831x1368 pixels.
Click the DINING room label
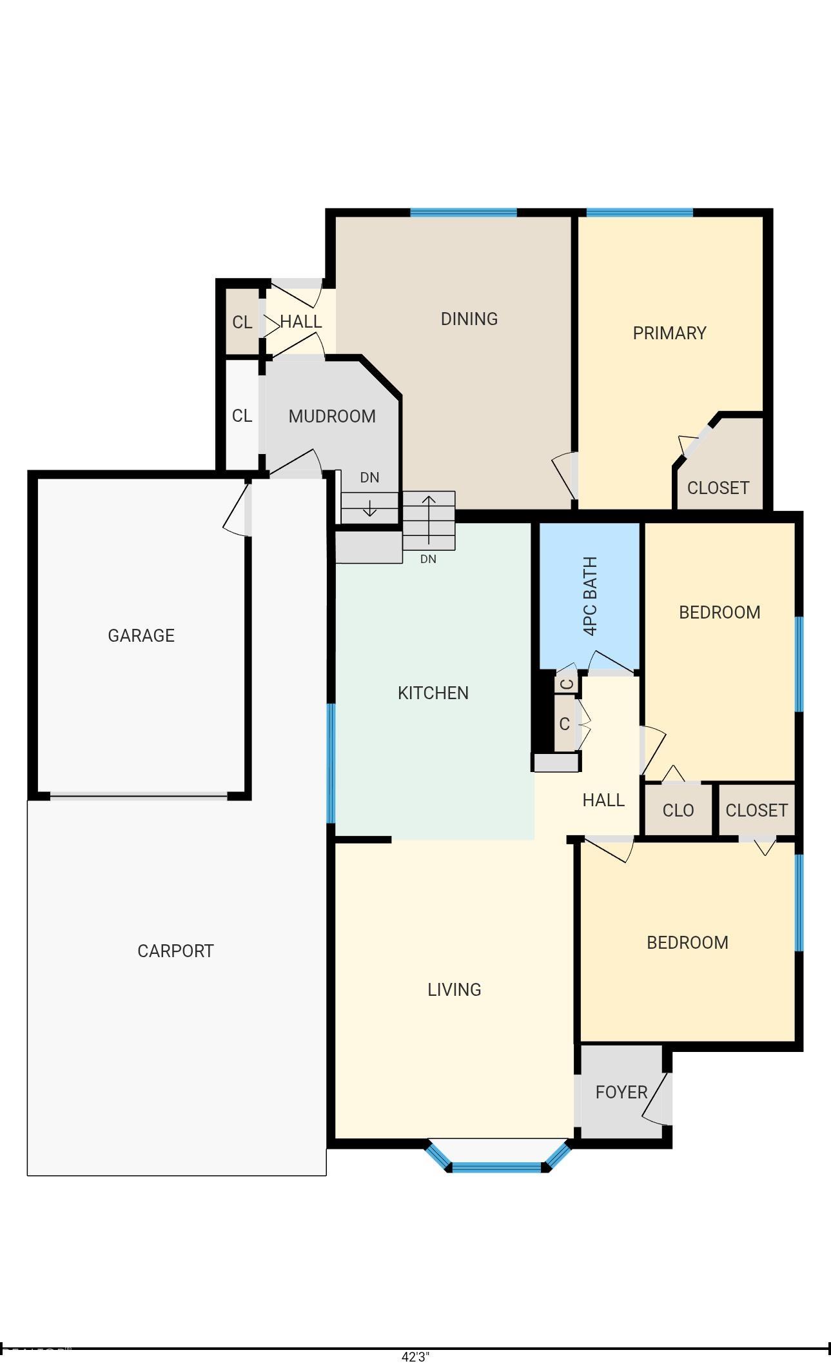coord(469,319)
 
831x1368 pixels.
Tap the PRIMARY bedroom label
coord(669,333)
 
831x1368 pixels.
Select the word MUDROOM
coord(332,416)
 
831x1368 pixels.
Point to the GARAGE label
coord(141,635)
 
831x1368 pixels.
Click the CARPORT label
coord(175,951)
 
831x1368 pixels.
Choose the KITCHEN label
coord(433,693)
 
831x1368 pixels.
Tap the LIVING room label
coord(455,989)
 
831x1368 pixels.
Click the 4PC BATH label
coord(590,596)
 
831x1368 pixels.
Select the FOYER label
coord(621,1092)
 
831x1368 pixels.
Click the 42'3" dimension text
coord(415,1356)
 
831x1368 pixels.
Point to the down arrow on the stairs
coord(369,507)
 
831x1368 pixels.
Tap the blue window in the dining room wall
coord(464,212)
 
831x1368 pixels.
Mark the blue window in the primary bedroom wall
coord(640,212)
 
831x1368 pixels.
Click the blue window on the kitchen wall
coord(331,763)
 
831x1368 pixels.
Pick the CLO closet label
coord(678,810)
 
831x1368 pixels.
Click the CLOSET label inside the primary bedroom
coord(718,488)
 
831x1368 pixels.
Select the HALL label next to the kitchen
coord(603,800)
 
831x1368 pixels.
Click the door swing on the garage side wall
coord(236,510)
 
